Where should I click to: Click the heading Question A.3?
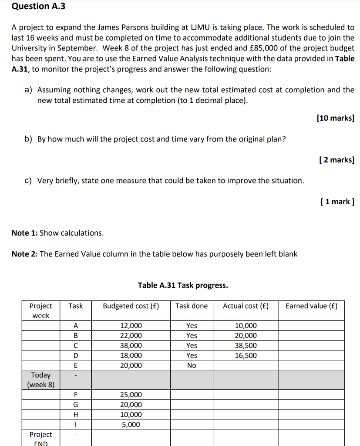coord(37,6)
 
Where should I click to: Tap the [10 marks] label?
coord(336,118)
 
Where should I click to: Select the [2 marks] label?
coord(336,160)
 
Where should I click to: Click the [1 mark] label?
coord(337,202)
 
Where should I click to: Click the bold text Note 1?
coord(25,233)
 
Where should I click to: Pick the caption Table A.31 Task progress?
coord(183,286)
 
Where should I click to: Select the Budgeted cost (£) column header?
coord(131,306)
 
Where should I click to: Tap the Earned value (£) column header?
coord(311,306)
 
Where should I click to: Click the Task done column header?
coord(192,306)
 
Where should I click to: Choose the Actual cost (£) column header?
coord(246,306)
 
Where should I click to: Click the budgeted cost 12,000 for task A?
coord(131,326)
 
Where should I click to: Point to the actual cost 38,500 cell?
coord(246,345)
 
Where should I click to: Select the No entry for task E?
coord(192,365)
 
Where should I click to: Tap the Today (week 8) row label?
coord(41,380)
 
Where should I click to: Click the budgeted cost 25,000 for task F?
coord(131,395)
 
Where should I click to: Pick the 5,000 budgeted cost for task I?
coord(131,425)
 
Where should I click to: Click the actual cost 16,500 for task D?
coord(246,355)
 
